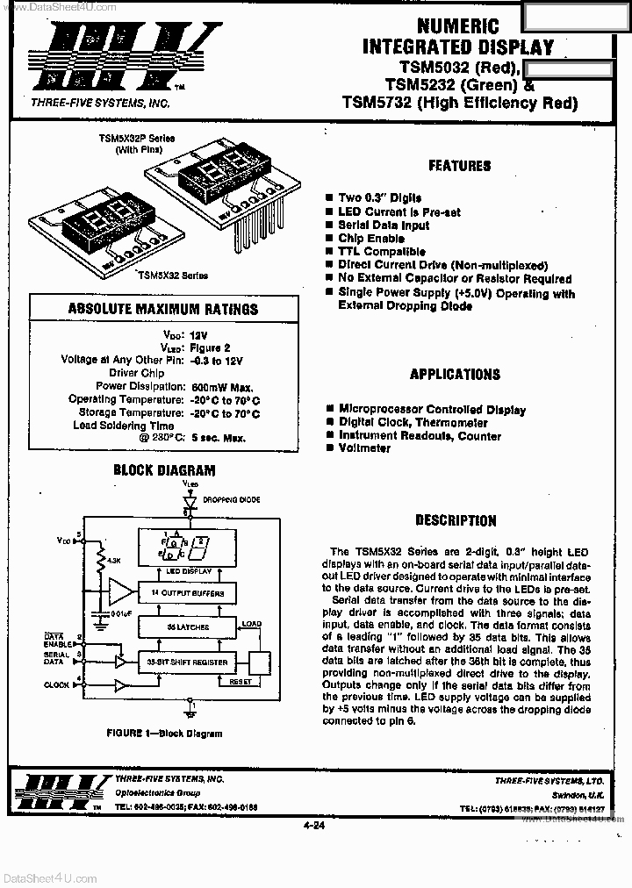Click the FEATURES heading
click(x=459, y=166)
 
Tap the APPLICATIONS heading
click(x=455, y=374)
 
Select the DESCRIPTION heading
click(x=456, y=520)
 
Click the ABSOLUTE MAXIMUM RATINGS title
click(x=163, y=309)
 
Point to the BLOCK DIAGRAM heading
click(x=164, y=469)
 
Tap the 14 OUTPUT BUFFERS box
click(x=187, y=595)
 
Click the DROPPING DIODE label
click(x=231, y=499)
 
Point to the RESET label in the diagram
click(x=241, y=681)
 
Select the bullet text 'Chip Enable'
click(x=371, y=239)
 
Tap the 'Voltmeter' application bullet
click(x=364, y=448)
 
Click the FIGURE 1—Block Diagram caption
click(x=164, y=734)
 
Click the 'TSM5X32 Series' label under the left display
click(x=172, y=275)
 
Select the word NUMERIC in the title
click(x=456, y=27)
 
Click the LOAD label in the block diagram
click(x=252, y=625)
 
